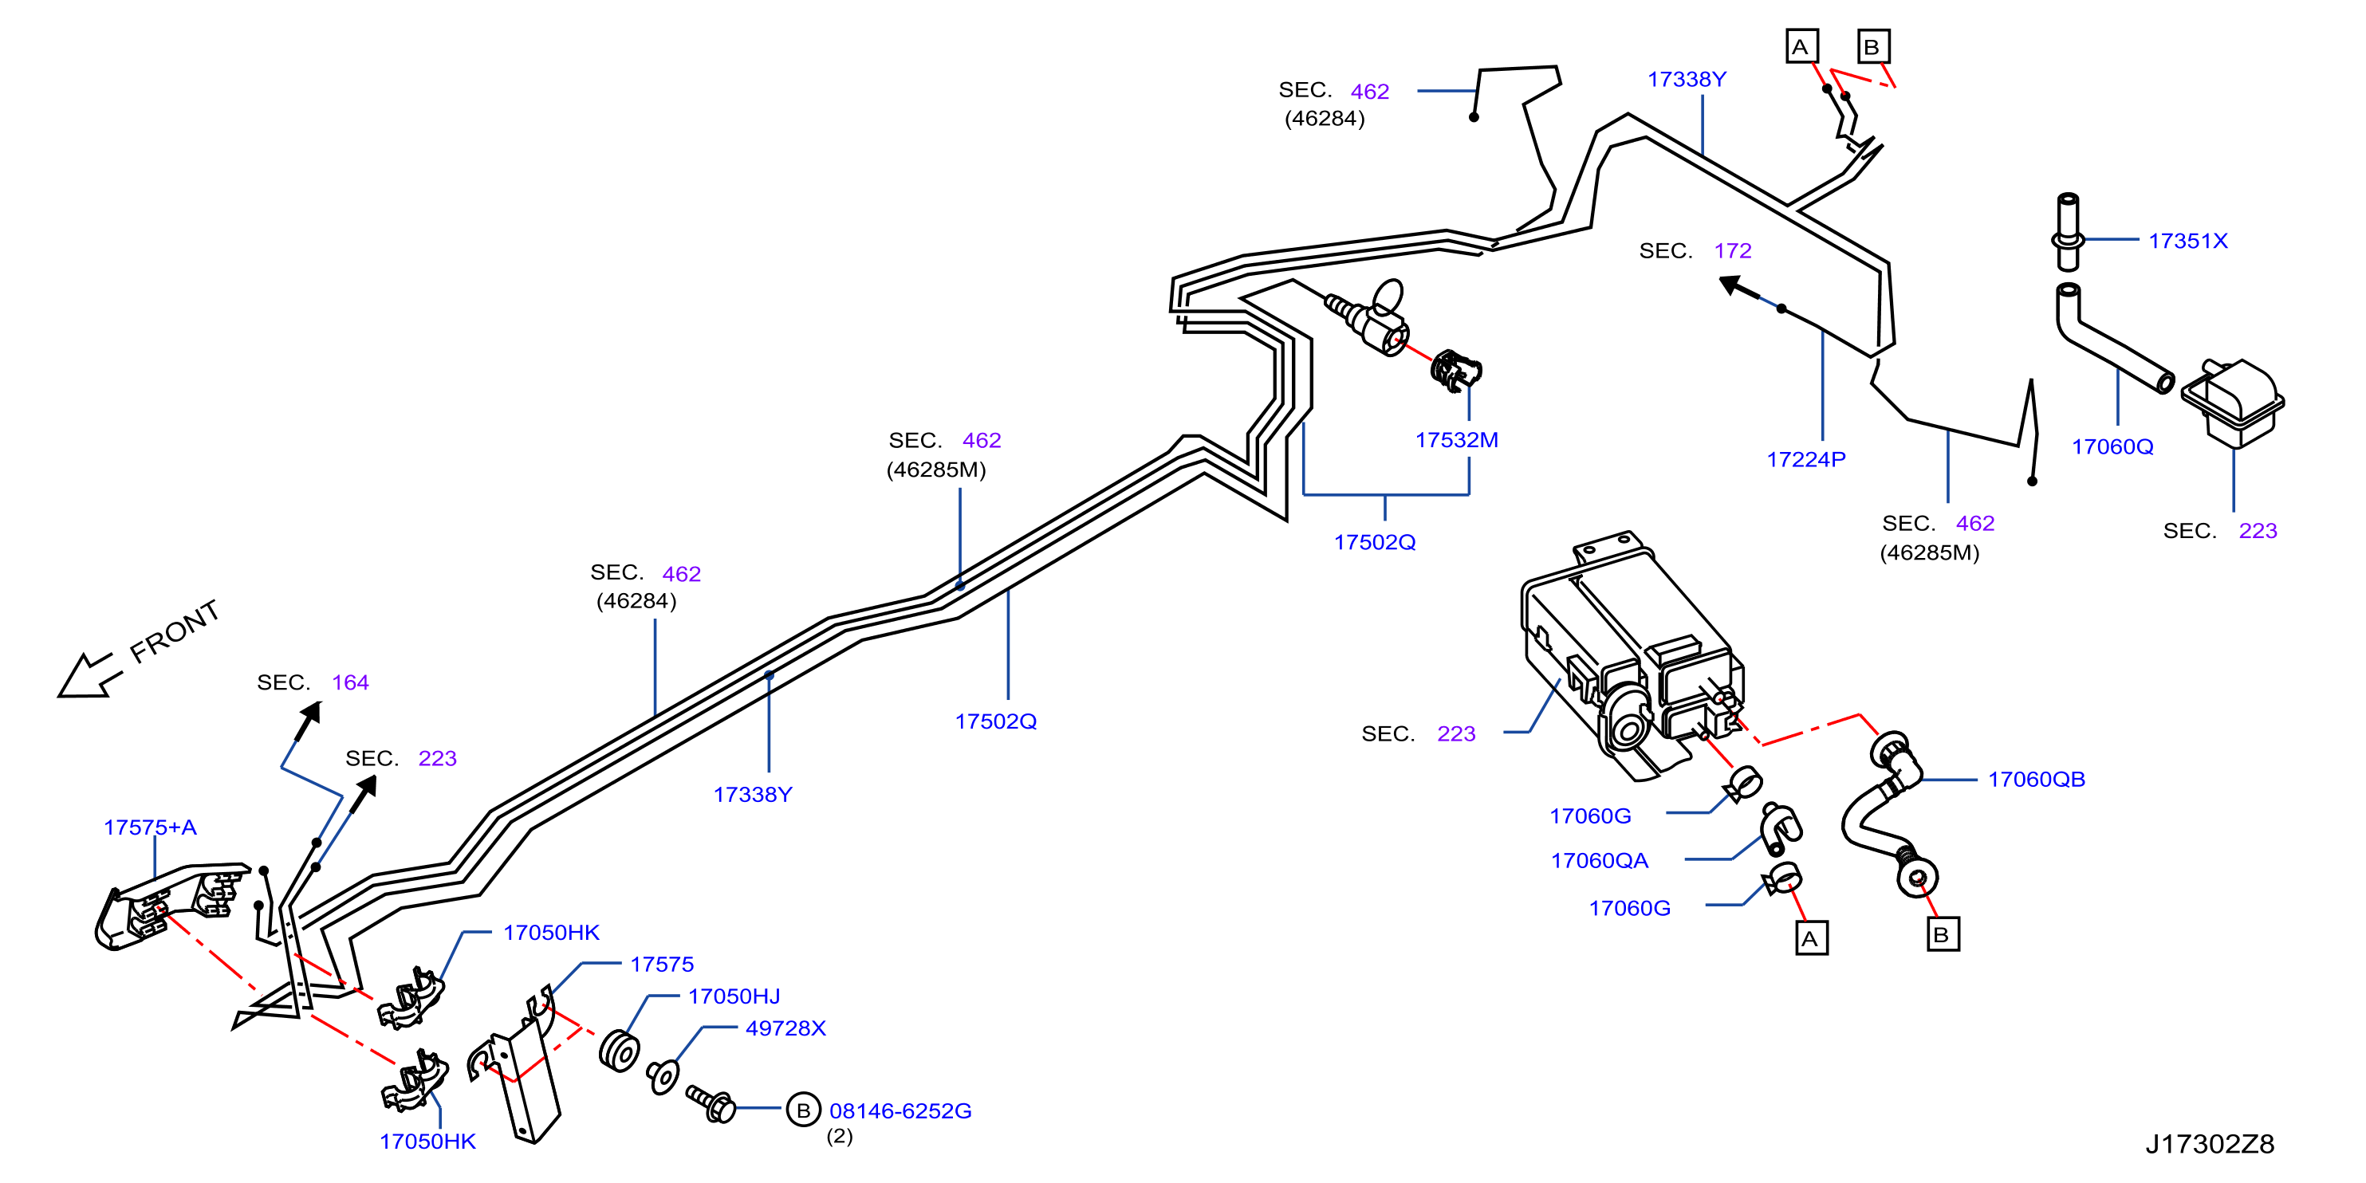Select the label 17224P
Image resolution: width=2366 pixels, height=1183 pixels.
pyautogui.click(x=1805, y=459)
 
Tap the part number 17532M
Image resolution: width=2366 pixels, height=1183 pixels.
pyautogui.click(x=1457, y=440)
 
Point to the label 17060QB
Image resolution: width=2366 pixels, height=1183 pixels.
pyautogui.click(x=2037, y=779)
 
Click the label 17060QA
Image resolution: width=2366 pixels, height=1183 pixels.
pyautogui.click(x=1599, y=861)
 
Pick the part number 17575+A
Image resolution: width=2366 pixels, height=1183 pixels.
pyautogui.click(x=150, y=827)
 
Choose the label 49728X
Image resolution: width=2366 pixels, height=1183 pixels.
pyautogui.click(x=785, y=1028)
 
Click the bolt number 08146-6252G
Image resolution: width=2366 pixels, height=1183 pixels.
pyautogui.click(x=900, y=1110)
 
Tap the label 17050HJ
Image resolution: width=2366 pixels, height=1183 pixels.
pyautogui.click(x=734, y=996)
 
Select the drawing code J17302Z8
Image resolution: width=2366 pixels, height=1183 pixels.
pyautogui.click(x=2210, y=1143)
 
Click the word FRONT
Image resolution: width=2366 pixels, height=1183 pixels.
pyautogui.click(x=175, y=631)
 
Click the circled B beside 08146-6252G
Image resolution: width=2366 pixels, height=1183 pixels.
pyautogui.click(x=803, y=1110)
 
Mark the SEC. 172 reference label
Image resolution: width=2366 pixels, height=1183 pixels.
pyautogui.click(x=1695, y=251)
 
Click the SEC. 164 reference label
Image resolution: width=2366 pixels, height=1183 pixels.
pyautogui.click(x=313, y=682)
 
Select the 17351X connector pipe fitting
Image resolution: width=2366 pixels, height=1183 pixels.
pyautogui.click(x=2068, y=233)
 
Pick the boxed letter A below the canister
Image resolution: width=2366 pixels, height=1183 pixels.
pyautogui.click(x=1811, y=939)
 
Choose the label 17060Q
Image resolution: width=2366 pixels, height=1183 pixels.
pyautogui.click(x=2112, y=446)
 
